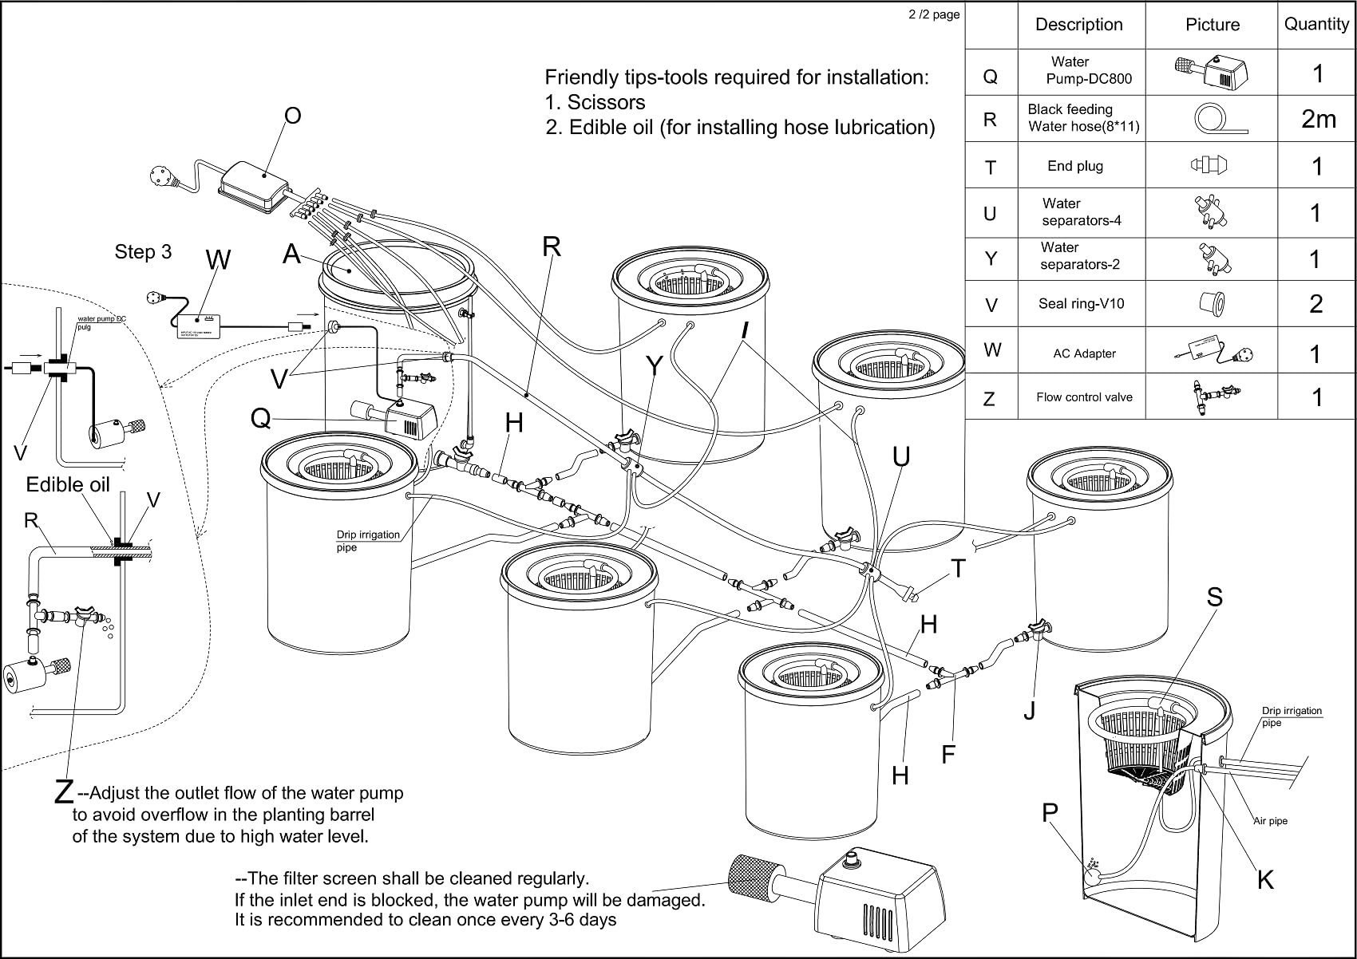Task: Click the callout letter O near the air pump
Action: [x=293, y=116]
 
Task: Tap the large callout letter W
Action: [x=218, y=260]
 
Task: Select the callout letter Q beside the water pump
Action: [x=260, y=418]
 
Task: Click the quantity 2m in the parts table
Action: [x=1318, y=119]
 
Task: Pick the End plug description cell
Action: [x=1075, y=166]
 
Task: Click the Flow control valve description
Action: [x=1084, y=397]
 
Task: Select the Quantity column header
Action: [x=1316, y=24]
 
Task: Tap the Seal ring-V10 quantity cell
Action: [x=1316, y=304]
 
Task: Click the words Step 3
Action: [x=143, y=252]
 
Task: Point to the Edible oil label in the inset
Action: [x=68, y=485]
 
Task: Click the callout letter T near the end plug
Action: [x=958, y=569]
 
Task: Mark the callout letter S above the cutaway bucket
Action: [x=1214, y=598]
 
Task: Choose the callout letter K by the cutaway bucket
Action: [x=1265, y=880]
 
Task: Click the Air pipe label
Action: [x=1270, y=821]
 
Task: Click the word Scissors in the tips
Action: [x=606, y=102]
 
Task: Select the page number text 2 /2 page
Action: [x=934, y=14]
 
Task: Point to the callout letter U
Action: [x=901, y=457]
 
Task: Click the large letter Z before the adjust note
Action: [x=64, y=791]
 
